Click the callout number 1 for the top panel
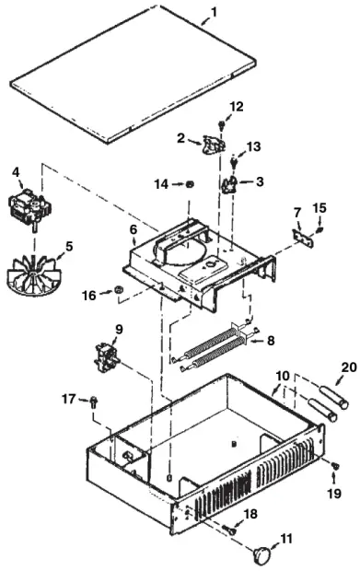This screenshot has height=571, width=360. click(214, 12)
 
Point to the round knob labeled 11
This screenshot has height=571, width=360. click(261, 554)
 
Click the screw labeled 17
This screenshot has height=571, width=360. click(94, 402)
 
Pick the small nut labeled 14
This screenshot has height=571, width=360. click(190, 184)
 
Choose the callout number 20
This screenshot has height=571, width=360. click(349, 367)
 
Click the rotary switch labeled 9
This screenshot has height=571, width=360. click(107, 358)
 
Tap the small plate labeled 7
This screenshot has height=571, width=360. click(303, 239)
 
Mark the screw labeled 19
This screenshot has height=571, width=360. click(335, 465)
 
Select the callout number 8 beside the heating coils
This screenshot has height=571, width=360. click(271, 341)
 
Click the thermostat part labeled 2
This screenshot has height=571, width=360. click(214, 145)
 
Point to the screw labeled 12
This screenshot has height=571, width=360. click(221, 124)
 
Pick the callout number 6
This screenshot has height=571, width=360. click(134, 229)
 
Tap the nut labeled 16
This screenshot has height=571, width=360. click(118, 290)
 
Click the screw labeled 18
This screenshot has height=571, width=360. click(229, 530)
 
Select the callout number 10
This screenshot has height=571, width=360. click(283, 376)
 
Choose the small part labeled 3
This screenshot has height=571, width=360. click(229, 184)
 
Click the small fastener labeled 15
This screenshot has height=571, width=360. click(320, 230)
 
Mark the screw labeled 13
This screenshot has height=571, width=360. click(234, 162)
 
